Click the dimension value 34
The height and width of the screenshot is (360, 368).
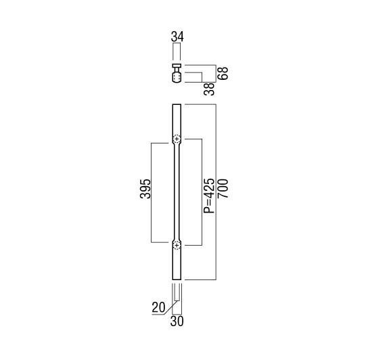point(177,37)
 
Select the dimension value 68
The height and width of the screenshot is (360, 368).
point(223,73)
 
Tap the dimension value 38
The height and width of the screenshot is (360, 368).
point(209,89)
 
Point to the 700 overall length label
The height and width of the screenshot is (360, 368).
point(223,189)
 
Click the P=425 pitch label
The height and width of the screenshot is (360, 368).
point(209,196)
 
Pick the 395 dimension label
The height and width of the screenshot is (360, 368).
point(145,189)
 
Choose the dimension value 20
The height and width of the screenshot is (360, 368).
point(158,307)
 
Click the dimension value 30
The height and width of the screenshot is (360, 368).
point(177,321)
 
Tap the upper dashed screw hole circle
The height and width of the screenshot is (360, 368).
point(177,139)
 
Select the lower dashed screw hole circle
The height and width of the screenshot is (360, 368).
point(177,246)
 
